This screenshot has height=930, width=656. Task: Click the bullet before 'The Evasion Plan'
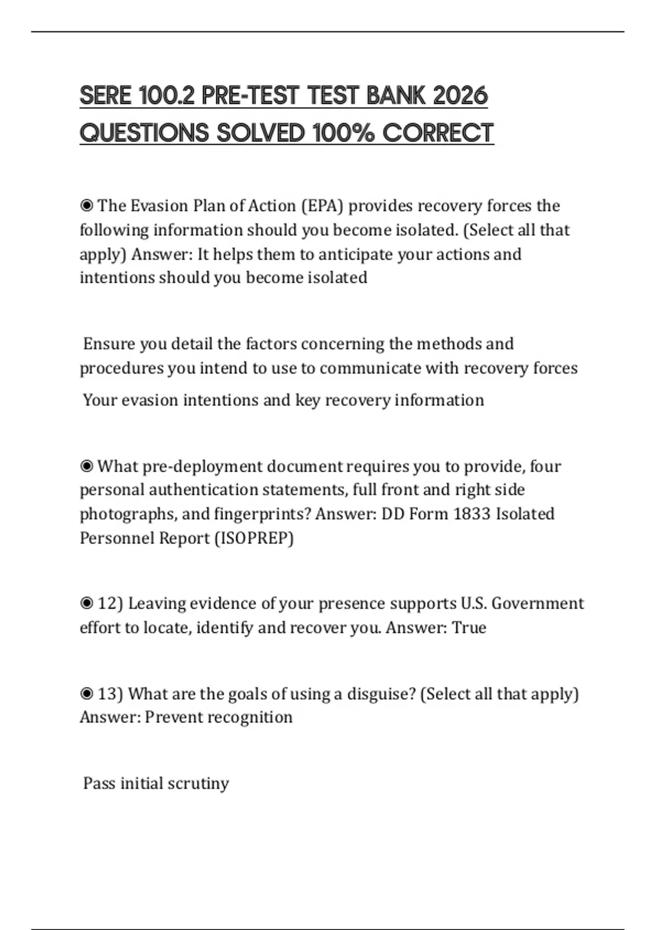[x=86, y=206]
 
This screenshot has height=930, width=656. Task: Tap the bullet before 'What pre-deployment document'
[x=86, y=466]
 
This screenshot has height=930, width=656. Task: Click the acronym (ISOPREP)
[x=254, y=538]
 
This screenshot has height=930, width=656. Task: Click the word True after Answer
[x=469, y=627]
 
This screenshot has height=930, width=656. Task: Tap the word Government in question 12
[x=538, y=603]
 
